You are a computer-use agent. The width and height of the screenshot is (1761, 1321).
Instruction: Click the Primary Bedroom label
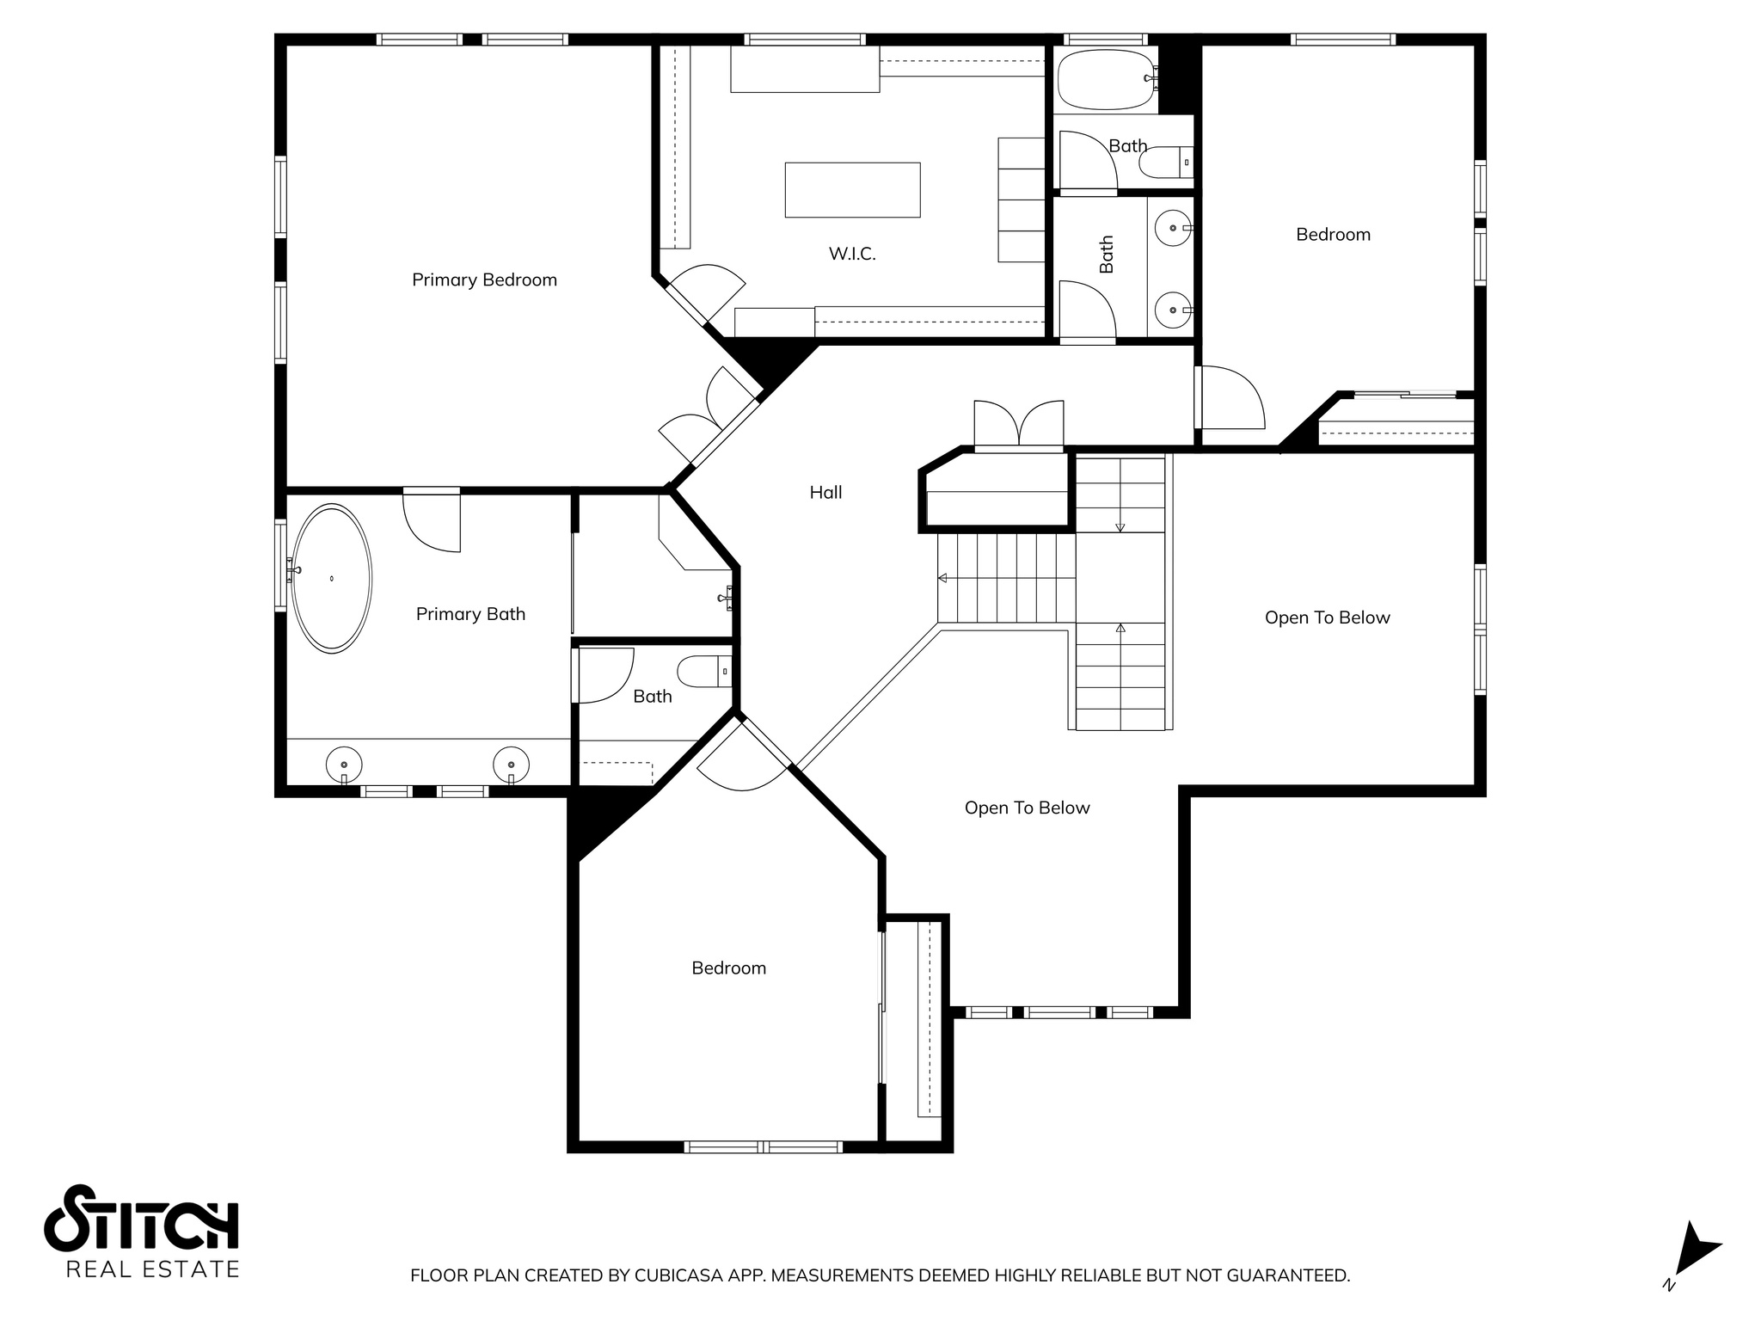click(484, 280)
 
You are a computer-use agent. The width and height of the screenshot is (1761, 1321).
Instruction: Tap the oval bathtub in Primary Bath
click(332, 579)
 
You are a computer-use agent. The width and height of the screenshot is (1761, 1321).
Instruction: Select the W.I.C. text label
click(852, 254)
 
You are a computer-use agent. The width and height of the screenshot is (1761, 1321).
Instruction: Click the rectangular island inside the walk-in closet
click(852, 189)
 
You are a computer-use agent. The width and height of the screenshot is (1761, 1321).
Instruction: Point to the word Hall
click(825, 492)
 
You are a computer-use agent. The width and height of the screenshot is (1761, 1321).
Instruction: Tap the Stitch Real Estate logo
click(142, 1231)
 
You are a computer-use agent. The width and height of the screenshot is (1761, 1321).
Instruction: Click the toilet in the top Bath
click(1167, 163)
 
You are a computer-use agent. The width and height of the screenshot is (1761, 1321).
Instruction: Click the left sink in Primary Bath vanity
click(344, 763)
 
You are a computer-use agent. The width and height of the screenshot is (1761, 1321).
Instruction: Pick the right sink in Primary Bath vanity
click(511, 763)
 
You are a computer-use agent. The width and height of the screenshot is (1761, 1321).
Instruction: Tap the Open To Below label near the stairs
click(1327, 617)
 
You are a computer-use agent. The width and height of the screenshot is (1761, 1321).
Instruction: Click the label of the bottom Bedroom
click(728, 968)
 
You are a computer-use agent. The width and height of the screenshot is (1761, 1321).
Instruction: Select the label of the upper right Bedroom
click(1333, 235)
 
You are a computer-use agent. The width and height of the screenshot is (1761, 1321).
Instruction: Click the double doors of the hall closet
click(1019, 424)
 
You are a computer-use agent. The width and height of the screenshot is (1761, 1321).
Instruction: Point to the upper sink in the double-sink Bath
click(1173, 229)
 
